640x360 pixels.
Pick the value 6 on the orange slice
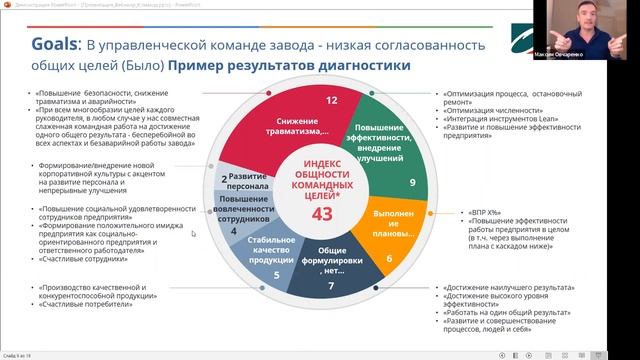pyautogui.click(x=389, y=259)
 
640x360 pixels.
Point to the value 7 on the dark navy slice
pyautogui.click(x=333, y=286)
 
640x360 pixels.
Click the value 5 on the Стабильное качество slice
pyautogui.click(x=262, y=272)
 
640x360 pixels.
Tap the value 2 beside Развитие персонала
pyautogui.click(x=225, y=179)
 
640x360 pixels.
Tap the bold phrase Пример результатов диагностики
pyautogui.click(x=290, y=67)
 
